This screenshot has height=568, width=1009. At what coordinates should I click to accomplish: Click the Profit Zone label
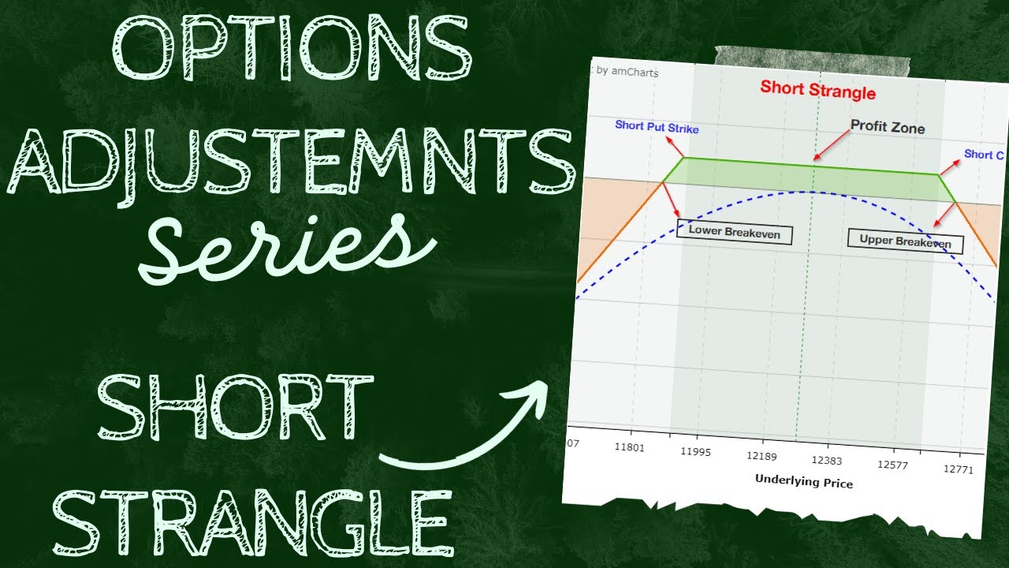pos(888,128)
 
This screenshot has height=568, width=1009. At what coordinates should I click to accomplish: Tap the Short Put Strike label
pos(657,128)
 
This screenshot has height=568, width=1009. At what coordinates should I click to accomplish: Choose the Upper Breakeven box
pos(906,240)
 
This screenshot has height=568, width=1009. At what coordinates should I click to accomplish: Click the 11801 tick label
pos(629,447)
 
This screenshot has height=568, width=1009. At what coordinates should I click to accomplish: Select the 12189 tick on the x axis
pos(761,456)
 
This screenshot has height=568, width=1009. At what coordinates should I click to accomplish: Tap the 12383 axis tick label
pos(827,460)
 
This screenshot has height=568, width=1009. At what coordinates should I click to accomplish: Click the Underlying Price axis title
pos(803,481)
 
